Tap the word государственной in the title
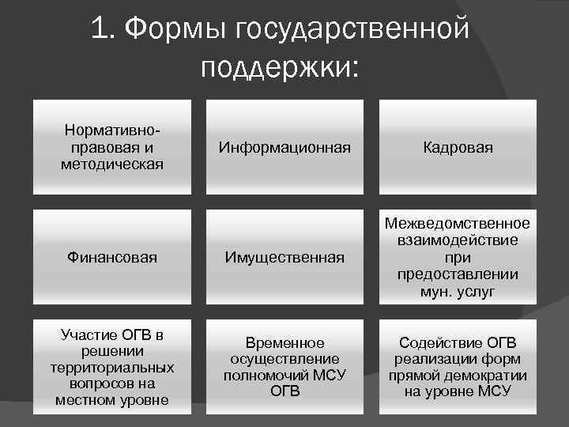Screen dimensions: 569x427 [352, 29]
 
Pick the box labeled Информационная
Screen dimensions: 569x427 [284, 147]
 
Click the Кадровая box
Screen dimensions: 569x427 [458, 147]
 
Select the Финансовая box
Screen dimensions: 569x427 [111, 257]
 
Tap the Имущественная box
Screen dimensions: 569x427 [284, 257]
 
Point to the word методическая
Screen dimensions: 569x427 [111, 164]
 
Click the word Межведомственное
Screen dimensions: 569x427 [458, 224]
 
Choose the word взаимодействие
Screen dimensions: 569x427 [458, 240]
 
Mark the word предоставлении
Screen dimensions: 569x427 [458, 274]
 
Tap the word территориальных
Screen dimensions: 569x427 [111, 368]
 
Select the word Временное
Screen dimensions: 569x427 [284, 342]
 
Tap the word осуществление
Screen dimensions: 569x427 [284, 359]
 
